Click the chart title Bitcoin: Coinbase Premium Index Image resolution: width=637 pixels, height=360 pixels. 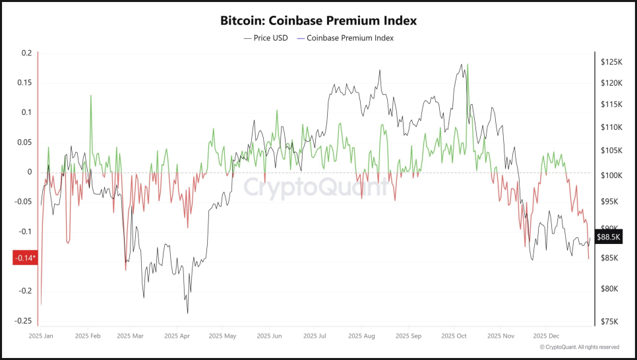coord(318,20)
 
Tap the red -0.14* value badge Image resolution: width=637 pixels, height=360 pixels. coord(26,258)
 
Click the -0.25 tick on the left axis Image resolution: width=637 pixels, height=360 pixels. coord(24,321)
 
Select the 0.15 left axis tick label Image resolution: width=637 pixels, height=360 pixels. coord(24,82)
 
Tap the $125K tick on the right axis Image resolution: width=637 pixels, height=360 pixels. coord(611,62)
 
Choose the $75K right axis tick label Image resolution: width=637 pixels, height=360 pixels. coord(610,322)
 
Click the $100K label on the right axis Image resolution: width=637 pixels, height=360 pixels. coord(611,176)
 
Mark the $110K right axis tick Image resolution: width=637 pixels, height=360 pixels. coord(611,127)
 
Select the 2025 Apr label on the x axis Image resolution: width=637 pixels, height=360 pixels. coord(176,336)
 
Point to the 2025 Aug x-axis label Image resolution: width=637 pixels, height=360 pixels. coord(361,336)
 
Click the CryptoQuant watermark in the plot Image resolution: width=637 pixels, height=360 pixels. coord(316,187)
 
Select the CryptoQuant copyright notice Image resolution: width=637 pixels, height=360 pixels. coord(579,347)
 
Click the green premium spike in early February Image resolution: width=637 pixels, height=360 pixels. coord(90,97)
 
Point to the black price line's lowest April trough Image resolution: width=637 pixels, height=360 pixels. coord(187,313)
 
